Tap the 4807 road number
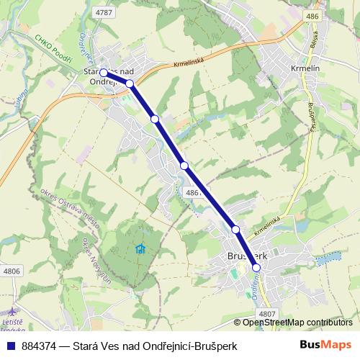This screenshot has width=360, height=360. pos(266,313)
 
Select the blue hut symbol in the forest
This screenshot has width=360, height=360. pos(140,249)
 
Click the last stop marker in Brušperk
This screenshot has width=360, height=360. pos(256,267)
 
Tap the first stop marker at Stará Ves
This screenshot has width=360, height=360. pos(104,73)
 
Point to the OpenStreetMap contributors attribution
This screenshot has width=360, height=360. pos(297,323)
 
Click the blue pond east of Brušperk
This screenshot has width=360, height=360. pos(328,256)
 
